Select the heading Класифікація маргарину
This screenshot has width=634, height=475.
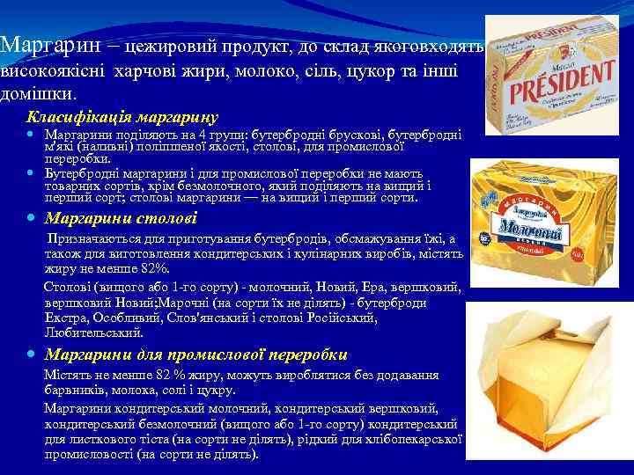coord(122,116)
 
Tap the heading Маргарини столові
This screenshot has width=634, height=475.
coord(121,218)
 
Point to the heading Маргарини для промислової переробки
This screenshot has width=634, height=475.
coord(195,354)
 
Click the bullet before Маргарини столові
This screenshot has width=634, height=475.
coord(32,218)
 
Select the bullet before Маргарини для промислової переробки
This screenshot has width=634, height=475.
coord(32,355)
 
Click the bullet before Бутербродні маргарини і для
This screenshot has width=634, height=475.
coord(32,174)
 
